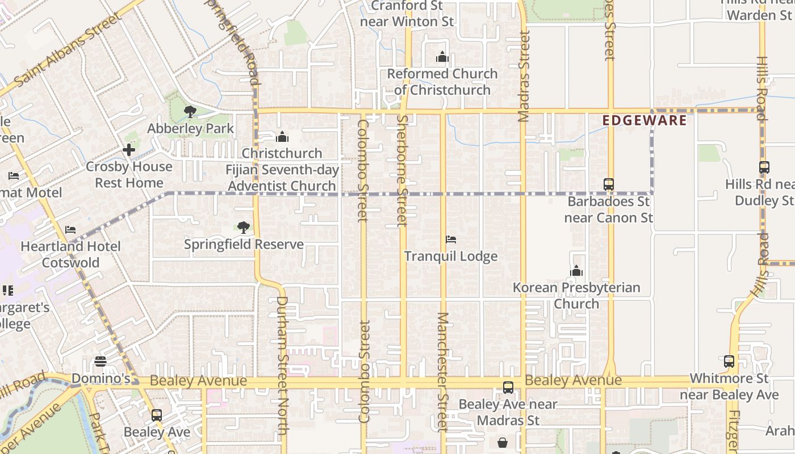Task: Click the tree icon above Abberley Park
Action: coord(190,112)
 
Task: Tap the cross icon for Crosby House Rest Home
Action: coord(129,150)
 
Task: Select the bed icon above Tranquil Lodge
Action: coord(451,239)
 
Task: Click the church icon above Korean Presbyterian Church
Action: coord(576,271)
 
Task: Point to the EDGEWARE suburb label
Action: coord(644,120)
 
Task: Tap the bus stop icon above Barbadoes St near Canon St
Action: coord(609,184)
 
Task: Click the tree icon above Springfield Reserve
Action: coord(244,228)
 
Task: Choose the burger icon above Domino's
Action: coord(101,361)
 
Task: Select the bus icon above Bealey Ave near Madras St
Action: coord(508,388)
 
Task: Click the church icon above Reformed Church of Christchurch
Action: coord(442,57)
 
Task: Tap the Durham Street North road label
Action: coord(282,365)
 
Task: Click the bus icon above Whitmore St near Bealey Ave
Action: coord(729,361)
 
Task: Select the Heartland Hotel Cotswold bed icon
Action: coord(70,230)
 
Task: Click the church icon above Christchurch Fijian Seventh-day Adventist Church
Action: coord(282,137)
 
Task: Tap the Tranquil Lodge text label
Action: coord(451,256)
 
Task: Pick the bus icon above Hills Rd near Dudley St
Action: coord(764,167)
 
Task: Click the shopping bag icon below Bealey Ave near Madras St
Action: coord(503,442)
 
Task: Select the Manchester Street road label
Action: coord(443,371)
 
